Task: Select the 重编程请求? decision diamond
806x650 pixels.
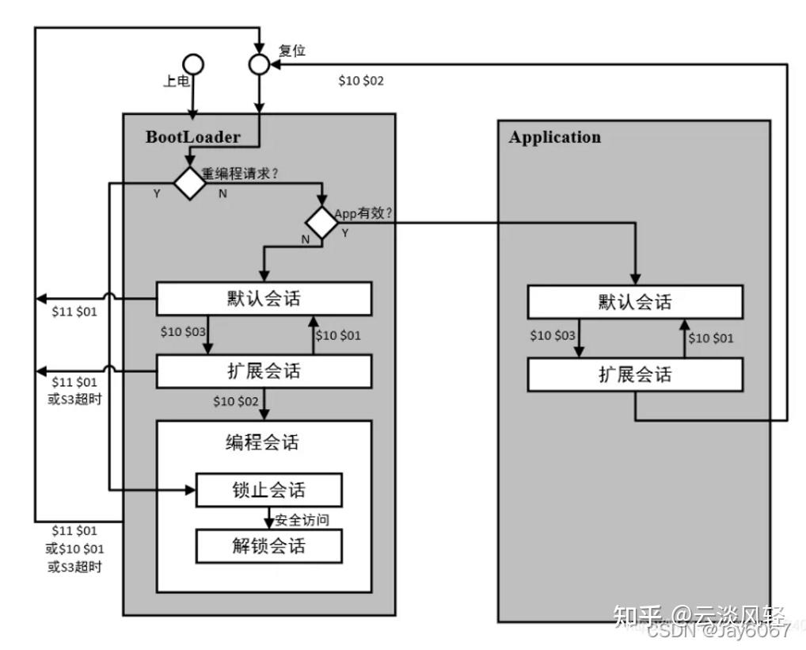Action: (190, 183)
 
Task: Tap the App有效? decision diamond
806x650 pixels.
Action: (322, 223)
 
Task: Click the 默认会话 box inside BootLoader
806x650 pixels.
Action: (264, 299)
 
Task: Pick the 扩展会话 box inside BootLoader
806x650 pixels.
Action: (264, 371)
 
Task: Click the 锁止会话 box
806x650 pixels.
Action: (268, 491)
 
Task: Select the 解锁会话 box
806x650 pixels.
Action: (268, 546)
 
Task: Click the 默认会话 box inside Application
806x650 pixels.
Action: (635, 302)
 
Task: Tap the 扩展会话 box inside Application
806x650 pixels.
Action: (635, 374)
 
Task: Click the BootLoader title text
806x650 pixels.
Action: (192, 136)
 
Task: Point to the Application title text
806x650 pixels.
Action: (554, 137)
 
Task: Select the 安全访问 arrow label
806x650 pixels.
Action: (302, 521)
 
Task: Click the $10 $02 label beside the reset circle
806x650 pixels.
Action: (361, 81)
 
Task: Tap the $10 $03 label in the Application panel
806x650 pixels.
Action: (553, 335)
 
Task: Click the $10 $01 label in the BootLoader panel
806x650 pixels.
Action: (338, 335)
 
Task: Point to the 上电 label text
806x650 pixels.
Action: (176, 81)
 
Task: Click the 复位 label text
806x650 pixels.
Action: (291, 50)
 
